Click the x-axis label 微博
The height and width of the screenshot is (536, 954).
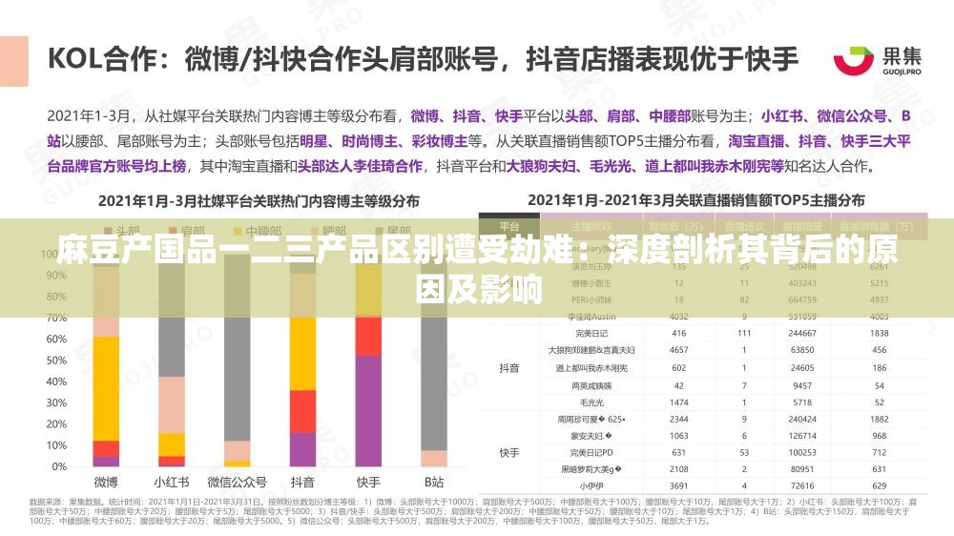(x=106, y=482)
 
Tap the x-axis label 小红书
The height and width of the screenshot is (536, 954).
(x=172, y=482)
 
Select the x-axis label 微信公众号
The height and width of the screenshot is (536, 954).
(x=237, y=482)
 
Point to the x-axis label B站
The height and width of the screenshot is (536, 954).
(x=434, y=482)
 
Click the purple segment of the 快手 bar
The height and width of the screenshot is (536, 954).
(x=368, y=410)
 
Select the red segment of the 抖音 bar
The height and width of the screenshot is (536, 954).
(x=302, y=411)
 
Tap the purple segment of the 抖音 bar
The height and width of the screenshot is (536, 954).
(x=302, y=449)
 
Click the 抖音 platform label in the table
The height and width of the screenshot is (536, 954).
(x=509, y=367)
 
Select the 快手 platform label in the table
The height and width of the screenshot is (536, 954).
(x=509, y=452)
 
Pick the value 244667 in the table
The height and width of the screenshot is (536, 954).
(x=801, y=333)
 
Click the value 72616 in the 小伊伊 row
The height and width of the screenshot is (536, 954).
(x=801, y=485)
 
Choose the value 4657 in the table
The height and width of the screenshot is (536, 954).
(x=678, y=350)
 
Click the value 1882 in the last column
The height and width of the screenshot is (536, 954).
(x=879, y=419)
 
